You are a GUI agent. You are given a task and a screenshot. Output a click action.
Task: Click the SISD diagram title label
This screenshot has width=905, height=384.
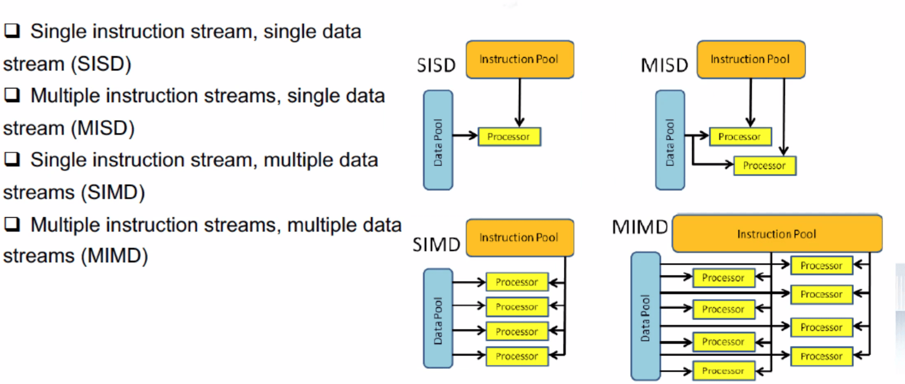tap(436, 65)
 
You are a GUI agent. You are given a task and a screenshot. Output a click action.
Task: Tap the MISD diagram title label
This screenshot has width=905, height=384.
tap(664, 65)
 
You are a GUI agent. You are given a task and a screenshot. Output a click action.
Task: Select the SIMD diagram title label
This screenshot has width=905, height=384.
tap(436, 244)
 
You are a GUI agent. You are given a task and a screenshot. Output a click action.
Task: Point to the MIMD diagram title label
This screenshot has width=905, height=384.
tap(640, 227)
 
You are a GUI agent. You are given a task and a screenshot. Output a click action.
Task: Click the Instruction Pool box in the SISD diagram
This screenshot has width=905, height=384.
tap(520, 59)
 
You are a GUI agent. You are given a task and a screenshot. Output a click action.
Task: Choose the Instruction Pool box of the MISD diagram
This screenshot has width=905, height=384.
tap(751, 59)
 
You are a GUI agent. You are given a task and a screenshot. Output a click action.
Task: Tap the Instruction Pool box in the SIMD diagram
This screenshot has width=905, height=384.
tap(520, 238)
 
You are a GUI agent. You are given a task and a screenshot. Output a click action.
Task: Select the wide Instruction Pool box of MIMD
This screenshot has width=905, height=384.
tap(777, 233)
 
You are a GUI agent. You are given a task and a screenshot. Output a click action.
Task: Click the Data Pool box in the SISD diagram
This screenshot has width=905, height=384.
tap(438, 140)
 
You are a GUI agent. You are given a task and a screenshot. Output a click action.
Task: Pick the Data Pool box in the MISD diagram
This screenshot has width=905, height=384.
tap(670, 140)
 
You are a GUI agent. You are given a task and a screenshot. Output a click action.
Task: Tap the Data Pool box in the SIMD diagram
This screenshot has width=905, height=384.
tap(438, 318)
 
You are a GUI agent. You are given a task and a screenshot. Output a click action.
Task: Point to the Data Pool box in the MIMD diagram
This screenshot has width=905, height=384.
tap(646, 316)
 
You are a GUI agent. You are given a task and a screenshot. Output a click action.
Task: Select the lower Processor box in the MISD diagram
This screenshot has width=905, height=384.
tap(765, 165)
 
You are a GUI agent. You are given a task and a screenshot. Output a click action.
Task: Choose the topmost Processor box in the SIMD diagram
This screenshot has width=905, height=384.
tap(517, 282)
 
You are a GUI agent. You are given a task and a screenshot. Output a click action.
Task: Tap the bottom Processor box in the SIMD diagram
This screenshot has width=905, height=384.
tap(517, 356)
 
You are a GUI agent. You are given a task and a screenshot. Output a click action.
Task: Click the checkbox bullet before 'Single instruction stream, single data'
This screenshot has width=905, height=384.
tap(12, 30)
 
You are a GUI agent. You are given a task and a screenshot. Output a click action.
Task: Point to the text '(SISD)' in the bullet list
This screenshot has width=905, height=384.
tap(101, 64)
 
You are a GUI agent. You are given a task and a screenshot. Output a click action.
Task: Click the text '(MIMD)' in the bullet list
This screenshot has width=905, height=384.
tap(114, 256)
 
